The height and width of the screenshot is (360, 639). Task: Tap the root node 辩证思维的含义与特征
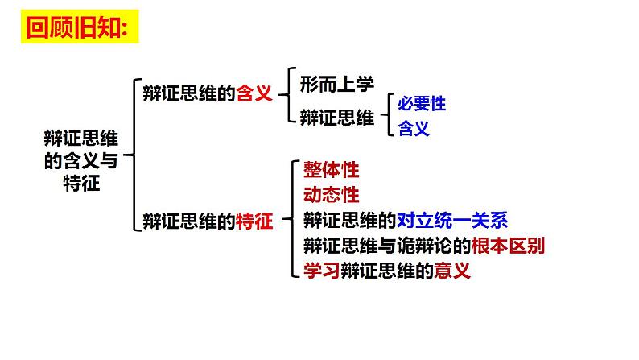click(80, 161)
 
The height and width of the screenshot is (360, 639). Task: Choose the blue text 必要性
click(422, 104)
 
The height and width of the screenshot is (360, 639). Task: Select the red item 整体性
click(331, 171)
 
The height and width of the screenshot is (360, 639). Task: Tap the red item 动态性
click(331, 195)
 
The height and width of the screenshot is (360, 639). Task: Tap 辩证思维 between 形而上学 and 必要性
click(336, 118)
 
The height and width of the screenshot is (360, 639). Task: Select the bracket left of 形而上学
click(291, 93)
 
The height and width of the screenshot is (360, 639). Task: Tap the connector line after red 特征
click(282, 220)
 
